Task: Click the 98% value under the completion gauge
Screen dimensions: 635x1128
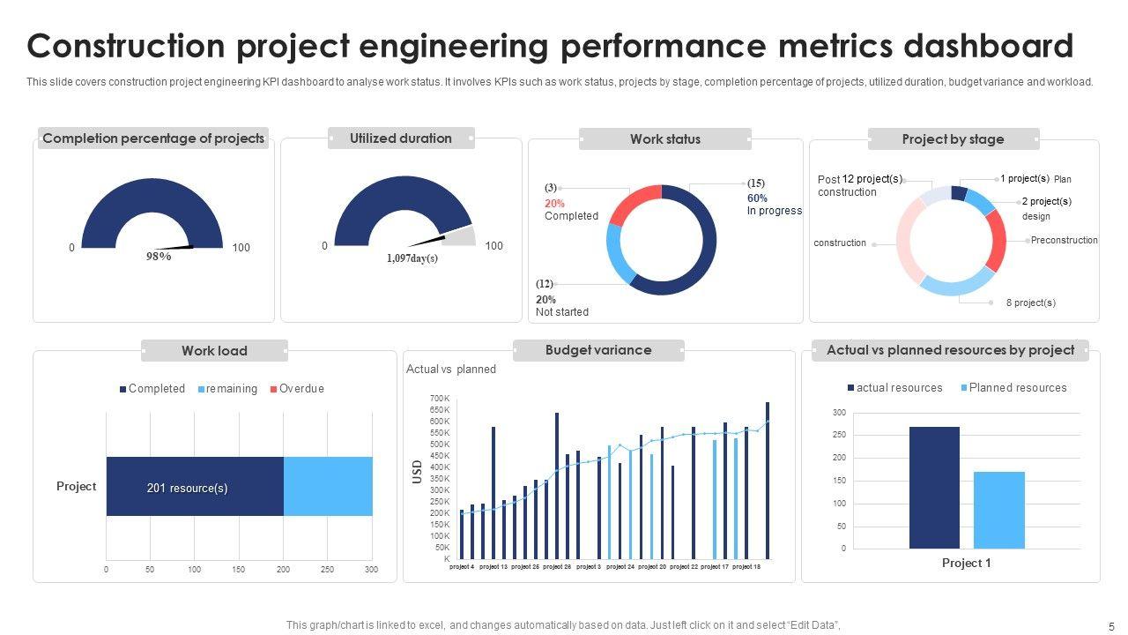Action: (159, 257)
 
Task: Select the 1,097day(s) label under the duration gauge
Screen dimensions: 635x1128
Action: (412, 258)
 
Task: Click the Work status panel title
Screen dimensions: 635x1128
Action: (665, 138)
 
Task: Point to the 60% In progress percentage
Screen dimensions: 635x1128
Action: (757, 198)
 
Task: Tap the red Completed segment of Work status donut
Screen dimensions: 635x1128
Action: (632, 205)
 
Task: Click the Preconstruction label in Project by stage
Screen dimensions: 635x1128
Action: (1064, 240)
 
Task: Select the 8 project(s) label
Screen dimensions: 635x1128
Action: (1030, 303)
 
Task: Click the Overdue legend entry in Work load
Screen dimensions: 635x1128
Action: (301, 388)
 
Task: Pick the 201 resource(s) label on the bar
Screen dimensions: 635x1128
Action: (187, 488)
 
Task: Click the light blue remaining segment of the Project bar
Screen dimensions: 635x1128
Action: (328, 486)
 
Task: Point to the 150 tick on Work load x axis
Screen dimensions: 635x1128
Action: (238, 570)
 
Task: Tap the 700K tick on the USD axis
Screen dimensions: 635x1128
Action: (440, 399)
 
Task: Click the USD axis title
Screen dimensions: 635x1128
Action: (418, 472)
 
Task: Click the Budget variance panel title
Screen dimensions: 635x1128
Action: (598, 350)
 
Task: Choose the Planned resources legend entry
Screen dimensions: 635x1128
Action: (1017, 388)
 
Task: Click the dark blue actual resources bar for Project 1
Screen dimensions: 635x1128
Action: (934, 488)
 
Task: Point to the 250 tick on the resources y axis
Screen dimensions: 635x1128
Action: (838, 436)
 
